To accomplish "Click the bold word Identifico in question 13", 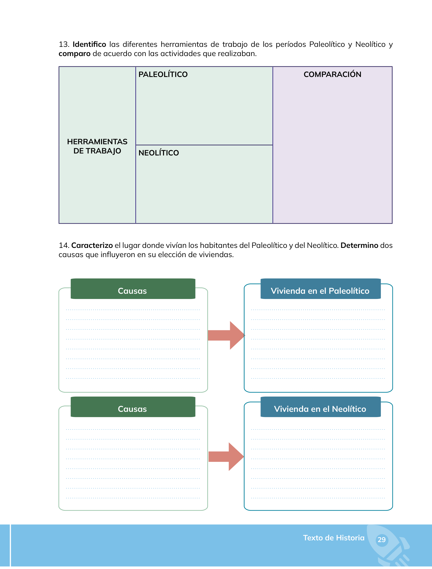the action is pyautogui.click(x=89, y=44).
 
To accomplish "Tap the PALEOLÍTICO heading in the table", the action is pyautogui.click(x=163, y=74).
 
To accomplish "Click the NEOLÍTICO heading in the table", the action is pyautogui.click(x=159, y=153).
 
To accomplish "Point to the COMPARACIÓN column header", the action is pyautogui.click(x=332, y=74).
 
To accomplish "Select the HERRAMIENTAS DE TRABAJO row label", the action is pyautogui.click(x=97, y=146).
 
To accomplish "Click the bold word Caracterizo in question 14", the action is pyautogui.click(x=92, y=245).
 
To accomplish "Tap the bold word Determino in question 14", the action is pyautogui.click(x=359, y=245).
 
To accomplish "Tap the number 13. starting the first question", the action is pyautogui.click(x=64, y=44).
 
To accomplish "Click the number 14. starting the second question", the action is pyautogui.click(x=64, y=245).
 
